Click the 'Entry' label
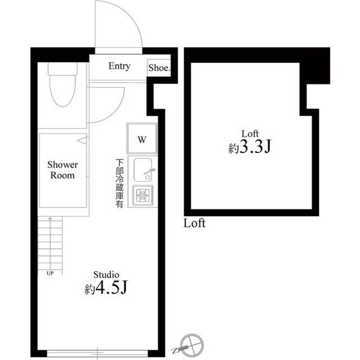119,67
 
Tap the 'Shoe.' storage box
159,68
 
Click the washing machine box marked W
142,140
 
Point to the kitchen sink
143,169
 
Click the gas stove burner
143,195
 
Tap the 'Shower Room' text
62,170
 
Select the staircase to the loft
50,243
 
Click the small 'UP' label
49,273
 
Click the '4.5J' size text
112,289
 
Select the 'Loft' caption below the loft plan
194,224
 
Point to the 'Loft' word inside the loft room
249,133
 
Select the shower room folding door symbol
82,141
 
